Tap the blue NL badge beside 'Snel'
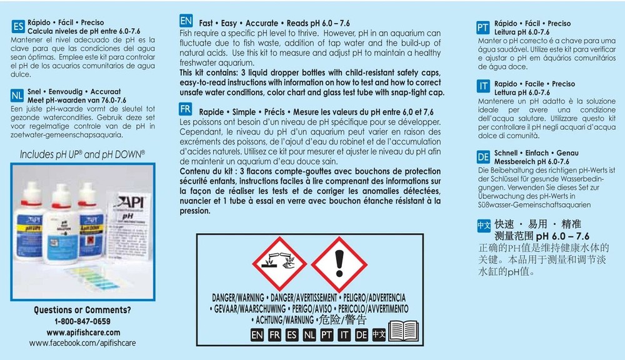pyautogui.click(x=17, y=95)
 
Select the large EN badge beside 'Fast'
pyautogui.click(x=186, y=22)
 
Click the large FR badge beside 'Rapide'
pyautogui.click(x=186, y=109)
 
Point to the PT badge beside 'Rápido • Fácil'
pyautogui.click(x=482, y=27)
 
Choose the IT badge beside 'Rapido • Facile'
pyautogui.click(x=482, y=87)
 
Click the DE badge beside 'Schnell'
pyautogui.click(x=482, y=156)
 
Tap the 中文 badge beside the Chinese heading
pyautogui.click(x=484, y=224)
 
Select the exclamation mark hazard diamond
pyautogui.click(x=339, y=263)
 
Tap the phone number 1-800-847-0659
pyautogui.click(x=82, y=321)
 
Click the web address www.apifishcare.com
pyautogui.click(x=82, y=332)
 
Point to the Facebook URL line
pyautogui.click(x=82, y=343)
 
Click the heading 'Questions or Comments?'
pyautogui.click(x=82, y=310)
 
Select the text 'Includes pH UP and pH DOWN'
pyautogui.click(x=82, y=153)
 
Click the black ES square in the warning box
pyautogui.click(x=291, y=334)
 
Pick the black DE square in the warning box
pyautogui.click(x=361, y=334)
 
